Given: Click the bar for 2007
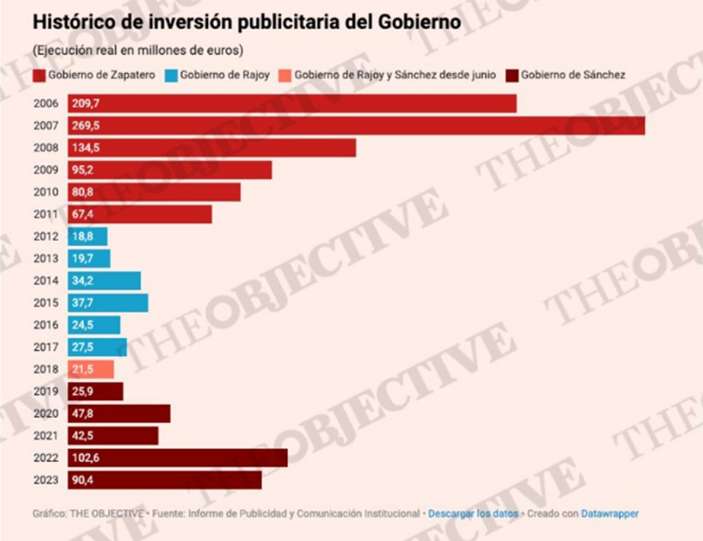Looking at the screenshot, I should pos(356,125).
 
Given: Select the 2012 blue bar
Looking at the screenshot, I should pos(87,236).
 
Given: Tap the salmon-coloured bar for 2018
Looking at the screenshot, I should pos(90,369).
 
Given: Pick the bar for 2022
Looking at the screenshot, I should pos(178,458).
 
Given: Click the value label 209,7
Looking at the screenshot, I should pos(86,104).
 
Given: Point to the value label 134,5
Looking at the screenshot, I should pos(86,148).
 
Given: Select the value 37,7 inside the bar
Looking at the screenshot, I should pos(83,303).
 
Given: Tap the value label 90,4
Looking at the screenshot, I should pos(83,480).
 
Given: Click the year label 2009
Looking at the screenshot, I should pos(46,170).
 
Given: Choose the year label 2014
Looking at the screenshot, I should pos(46,281).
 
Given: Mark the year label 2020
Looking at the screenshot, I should pos(46,414).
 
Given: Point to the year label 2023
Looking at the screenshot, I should pos(46,480).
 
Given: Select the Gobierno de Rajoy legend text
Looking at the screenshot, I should pos(225,75).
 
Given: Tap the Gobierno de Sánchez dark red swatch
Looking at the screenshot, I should pos(512,75).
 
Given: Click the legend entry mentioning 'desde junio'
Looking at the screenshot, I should pos(395,75).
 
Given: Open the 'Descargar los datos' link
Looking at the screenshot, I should pos(473,513).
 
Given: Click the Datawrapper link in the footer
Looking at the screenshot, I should pos(610,513).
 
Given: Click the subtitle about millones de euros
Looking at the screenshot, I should pos(138,50).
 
